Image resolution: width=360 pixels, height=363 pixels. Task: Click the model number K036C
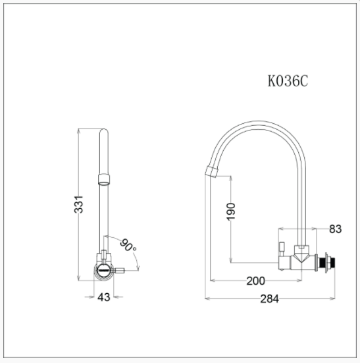[x=288, y=81]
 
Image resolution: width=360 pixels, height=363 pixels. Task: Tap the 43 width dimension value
[x=104, y=298]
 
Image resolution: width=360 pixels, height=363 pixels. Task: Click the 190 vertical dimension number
[x=230, y=211]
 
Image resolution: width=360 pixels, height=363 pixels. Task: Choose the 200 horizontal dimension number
[x=255, y=281]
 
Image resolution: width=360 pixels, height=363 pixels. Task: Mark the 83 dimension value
[x=335, y=229]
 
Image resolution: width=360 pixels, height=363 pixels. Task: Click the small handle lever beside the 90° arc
[x=116, y=270]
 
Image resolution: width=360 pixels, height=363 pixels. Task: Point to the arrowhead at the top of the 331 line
[x=79, y=130]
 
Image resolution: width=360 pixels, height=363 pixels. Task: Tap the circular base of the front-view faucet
[x=103, y=270]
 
